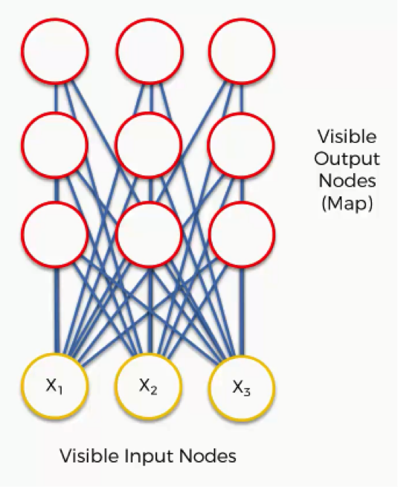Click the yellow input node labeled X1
tap(55, 386)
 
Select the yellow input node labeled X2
tap(148, 386)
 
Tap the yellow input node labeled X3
tap(242, 388)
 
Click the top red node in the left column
tap(55, 51)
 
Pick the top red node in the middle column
tap(150, 51)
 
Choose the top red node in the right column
tap(242, 51)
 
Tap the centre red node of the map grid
tap(149, 145)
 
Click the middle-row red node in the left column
tap(55, 145)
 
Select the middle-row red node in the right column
tap(241, 145)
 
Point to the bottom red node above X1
tap(55, 234)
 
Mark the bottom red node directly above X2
tap(149, 234)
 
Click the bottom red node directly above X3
tap(242, 234)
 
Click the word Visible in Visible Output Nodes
tap(347, 136)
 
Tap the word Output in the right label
tap(347, 159)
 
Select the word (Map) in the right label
tap(347, 204)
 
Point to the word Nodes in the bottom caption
tap(208, 456)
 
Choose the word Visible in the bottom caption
tap(89, 456)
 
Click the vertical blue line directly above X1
tap(57, 310)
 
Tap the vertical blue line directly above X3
tap(243, 311)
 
